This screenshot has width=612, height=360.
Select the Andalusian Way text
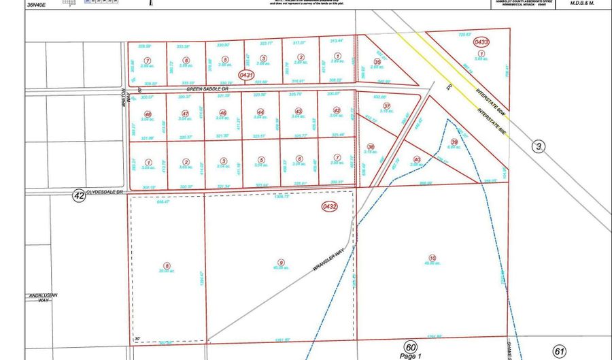[x=43, y=297]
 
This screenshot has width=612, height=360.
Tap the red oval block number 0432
[x=330, y=205]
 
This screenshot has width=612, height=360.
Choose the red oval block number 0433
[x=481, y=42]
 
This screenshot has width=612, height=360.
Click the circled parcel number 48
[x=148, y=114]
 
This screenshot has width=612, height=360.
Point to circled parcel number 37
[x=386, y=106]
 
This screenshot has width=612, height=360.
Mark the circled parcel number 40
[x=417, y=160]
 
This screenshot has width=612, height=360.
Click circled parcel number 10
[x=432, y=258]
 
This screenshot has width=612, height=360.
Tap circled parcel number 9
[x=281, y=262]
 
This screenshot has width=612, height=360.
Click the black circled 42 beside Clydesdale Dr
[x=79, y=196]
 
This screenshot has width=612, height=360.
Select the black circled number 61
[x=560, y=351]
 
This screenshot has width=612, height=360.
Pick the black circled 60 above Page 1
[x=409, y=347]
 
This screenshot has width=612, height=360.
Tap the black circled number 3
[x=539, y=146]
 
